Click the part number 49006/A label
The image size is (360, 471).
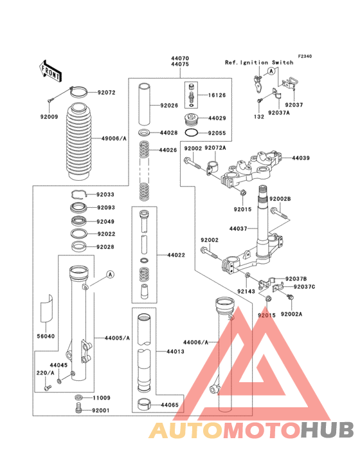(113, 138)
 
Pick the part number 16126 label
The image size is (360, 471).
(217, 95)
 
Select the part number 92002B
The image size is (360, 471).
(280, 199)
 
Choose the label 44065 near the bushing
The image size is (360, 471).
(170, 405)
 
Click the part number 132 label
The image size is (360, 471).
(258, 117)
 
